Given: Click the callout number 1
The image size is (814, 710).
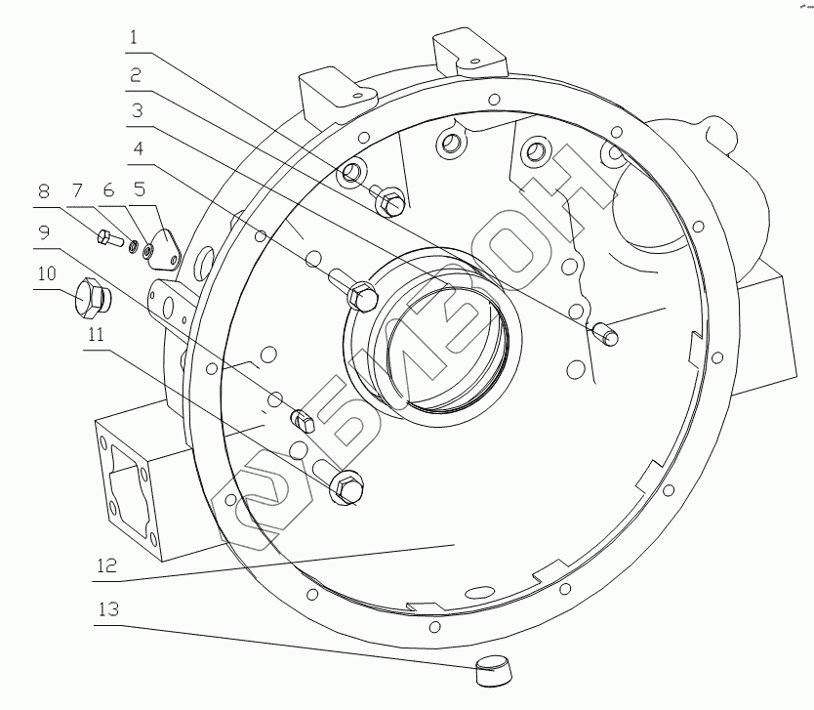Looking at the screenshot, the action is [136, 39].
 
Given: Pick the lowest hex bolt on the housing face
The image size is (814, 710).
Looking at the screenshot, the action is [346, 486].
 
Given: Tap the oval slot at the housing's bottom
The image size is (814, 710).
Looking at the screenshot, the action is [480, 593].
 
